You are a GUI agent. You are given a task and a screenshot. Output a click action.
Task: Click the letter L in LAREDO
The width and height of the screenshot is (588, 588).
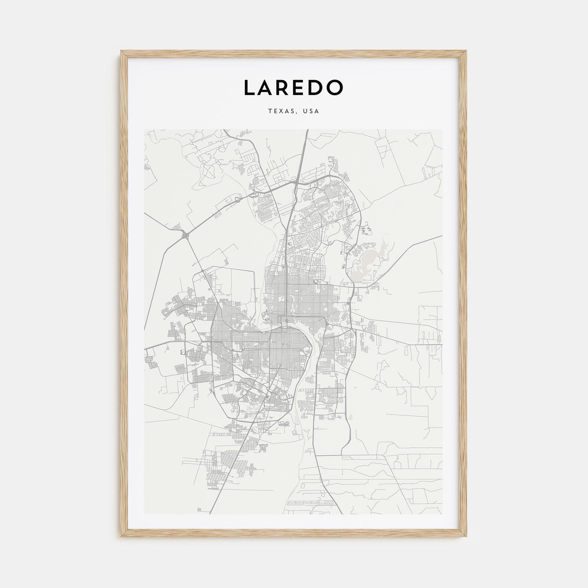[x=249, y=87]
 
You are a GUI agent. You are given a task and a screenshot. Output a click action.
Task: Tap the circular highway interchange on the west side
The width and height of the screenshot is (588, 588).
[x=185, y=237]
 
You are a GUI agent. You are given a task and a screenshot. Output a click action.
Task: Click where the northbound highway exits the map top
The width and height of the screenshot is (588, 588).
[x=307, y=130]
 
